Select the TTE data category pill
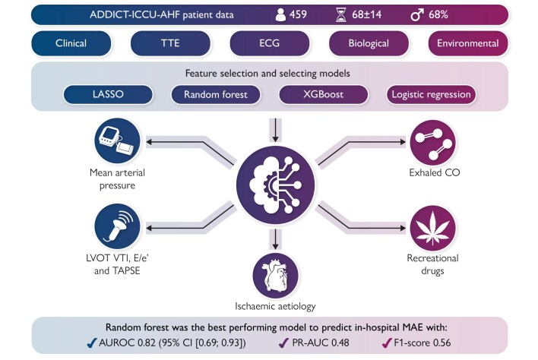172,43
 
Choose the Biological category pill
368,43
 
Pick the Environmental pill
469,43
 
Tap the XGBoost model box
322,95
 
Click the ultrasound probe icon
116,226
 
